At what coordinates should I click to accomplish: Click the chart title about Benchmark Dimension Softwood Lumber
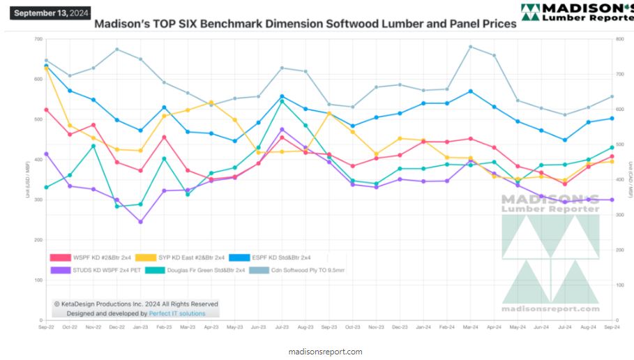(305, 24)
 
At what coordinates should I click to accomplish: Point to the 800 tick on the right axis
(617, 39)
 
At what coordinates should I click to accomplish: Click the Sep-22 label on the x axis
(47, 327)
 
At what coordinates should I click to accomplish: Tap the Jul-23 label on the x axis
(282, 327)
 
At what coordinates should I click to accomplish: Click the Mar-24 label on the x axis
(471, 327)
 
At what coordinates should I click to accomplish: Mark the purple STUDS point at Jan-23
(140, 222)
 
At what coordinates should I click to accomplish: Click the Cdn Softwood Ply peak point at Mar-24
(471, 47)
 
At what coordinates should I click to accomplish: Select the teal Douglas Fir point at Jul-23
(282, 101)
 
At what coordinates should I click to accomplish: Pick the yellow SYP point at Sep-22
(46, 68)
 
